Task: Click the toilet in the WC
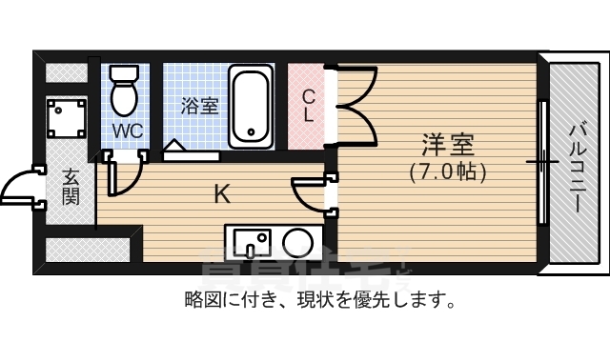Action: pos(124,91)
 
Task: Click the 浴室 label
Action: pos(199,106)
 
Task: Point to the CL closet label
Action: pos(308,106)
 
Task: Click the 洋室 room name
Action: pos(449,147)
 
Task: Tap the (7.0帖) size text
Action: pos(449,172)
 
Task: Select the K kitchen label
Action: pos(221,195)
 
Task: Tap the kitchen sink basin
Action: pos(252,241)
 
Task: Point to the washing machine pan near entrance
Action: pos(67,119)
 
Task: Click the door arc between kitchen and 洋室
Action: pos(309,194)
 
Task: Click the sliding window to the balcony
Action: pos(541,162)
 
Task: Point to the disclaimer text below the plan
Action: pos(318,301)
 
